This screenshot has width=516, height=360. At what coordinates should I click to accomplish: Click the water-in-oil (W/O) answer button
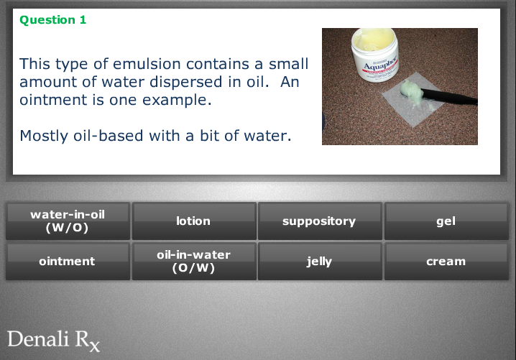coord(68,221)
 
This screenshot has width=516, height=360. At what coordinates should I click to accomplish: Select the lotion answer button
coord(194,221)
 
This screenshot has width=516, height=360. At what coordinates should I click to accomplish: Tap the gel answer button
coord(446,221)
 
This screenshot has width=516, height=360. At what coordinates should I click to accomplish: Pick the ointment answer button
coord(68,262)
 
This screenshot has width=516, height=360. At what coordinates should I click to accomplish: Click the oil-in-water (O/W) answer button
coord(194,262)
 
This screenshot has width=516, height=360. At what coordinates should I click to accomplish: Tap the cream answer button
coord(446,262)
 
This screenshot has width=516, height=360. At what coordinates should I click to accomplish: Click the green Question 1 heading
coord(53,20)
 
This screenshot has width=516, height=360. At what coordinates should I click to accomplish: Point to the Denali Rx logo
coord(54,341)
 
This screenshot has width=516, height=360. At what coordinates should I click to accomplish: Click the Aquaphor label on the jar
coord(380,65)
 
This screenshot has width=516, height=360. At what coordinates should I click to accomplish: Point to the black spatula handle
coord(449,97)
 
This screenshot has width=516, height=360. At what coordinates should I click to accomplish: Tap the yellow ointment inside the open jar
coord(374,38)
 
